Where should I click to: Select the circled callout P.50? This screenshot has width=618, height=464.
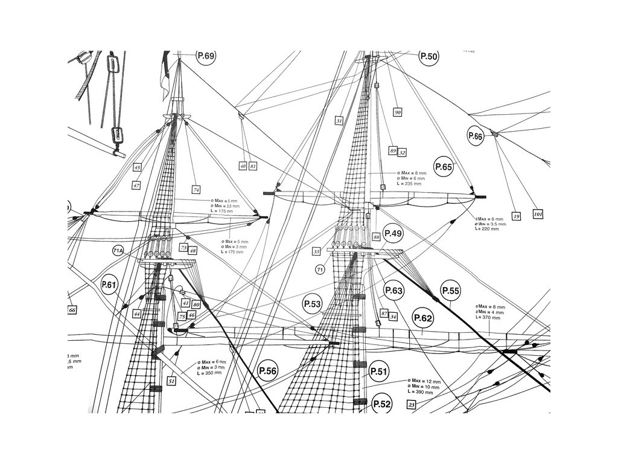(428, 56)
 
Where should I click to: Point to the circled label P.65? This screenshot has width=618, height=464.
(444, 166)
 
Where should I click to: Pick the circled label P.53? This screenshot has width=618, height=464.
(313, 304)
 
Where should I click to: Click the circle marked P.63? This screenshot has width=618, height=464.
(393, 291)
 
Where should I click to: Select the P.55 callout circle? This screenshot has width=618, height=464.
(451, 291)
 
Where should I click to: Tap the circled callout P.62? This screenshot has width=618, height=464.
(423, 318)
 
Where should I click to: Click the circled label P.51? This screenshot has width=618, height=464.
(378, 371)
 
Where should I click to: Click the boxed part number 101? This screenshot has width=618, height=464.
(538, 214)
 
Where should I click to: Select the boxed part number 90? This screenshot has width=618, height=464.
(398, 112)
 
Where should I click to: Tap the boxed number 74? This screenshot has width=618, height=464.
(196, 188)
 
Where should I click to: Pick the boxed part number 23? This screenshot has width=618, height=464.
(412, 405)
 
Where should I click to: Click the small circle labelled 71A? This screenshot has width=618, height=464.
(118, 250)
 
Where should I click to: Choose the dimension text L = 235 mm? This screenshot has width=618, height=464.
(412, 183)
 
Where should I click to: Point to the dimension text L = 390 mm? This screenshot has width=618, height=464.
(421, 392)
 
